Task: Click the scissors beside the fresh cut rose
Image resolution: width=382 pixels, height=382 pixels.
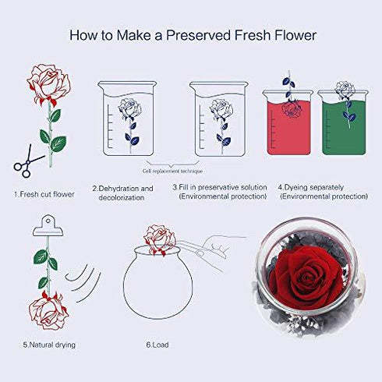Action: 27,162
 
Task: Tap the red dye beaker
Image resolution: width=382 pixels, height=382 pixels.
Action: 288,122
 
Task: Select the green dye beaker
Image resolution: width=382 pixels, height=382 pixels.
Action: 344,122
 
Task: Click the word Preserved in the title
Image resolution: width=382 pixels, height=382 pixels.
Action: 198,35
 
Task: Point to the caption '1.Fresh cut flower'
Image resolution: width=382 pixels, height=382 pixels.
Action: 44,194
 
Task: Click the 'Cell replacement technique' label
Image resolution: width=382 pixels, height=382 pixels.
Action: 172,171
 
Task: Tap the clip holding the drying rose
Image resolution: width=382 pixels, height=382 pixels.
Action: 48,225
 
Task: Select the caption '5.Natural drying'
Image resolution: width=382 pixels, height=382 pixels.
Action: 49,345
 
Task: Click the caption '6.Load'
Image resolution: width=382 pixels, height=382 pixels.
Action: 157,345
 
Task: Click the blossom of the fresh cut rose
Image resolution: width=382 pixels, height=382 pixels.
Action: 48,83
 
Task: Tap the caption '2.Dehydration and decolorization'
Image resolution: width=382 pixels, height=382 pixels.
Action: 122,193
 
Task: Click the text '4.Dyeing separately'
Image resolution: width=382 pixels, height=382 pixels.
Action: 311,187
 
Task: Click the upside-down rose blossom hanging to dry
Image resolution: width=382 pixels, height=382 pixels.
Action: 48,310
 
